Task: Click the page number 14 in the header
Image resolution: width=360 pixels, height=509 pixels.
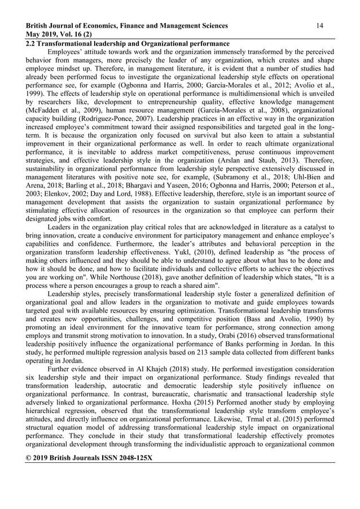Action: click(319, 25)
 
